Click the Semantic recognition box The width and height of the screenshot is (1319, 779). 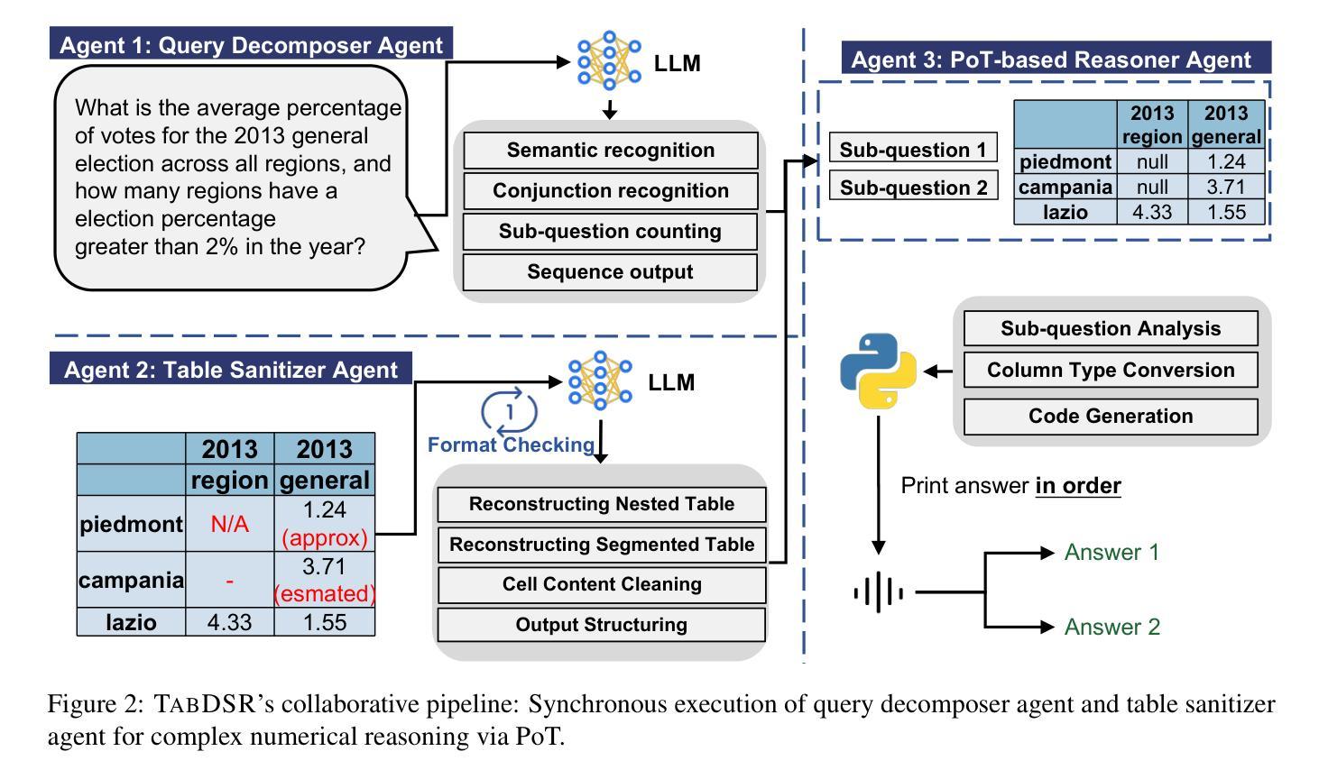[610, 151]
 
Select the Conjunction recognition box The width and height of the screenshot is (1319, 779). [610, 191]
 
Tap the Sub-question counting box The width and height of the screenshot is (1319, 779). [610, 232]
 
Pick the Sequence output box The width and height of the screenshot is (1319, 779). [610, 272]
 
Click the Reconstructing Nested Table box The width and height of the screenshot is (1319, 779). [601, 504]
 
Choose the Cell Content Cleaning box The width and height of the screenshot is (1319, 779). [601, 584]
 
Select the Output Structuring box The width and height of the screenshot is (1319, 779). [601, 625]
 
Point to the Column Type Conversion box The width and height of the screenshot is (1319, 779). [1110, 371]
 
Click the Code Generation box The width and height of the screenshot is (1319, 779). [1110, 417]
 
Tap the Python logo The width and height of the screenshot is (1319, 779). [878, 371]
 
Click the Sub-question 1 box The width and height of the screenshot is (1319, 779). [913, 150]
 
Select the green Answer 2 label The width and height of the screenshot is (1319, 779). [1111, 627]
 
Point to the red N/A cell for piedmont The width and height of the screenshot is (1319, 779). [229, 524]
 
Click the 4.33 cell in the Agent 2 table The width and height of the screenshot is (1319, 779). [229, 622]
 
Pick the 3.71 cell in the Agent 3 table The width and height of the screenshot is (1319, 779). [1225, 188]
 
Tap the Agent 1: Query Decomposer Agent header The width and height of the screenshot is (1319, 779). [251, 45]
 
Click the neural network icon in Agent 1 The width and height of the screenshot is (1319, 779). [609, 61]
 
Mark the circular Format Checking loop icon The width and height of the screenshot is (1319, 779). [510, 412]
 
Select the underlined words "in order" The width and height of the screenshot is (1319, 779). [1077, 486]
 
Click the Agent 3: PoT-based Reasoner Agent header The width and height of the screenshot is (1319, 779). [1050, 60]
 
